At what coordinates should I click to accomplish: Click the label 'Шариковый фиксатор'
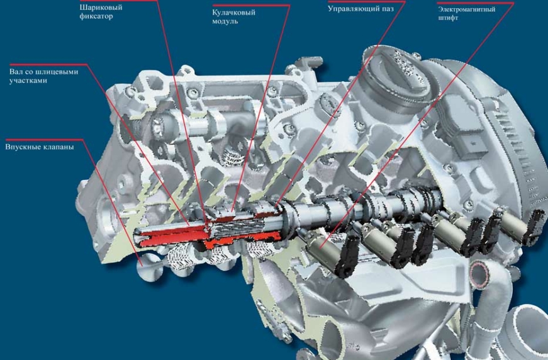click(x=101, y=11)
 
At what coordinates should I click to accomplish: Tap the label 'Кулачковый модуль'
click(x=234, y=16)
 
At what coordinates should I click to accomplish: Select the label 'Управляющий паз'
click(x=361, y=9)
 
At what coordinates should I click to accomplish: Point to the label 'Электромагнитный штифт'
click(x=467, y=13)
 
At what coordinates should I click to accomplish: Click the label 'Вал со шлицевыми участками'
click(x=43, y=76)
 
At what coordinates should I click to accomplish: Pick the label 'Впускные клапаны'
click(x=40, y=147)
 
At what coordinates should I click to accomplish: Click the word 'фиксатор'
click(x=96, y=16)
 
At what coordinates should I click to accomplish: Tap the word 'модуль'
click(x=225, y=21)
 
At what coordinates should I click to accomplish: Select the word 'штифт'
click(x=448, y=18)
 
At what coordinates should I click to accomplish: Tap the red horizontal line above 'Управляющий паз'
click(x=367, y=1)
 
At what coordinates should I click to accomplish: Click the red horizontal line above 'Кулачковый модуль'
click(x=251, y=5)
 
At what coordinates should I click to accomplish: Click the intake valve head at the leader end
click(x=147, y=269)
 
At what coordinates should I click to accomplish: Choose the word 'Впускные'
click(x=23, y=147)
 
